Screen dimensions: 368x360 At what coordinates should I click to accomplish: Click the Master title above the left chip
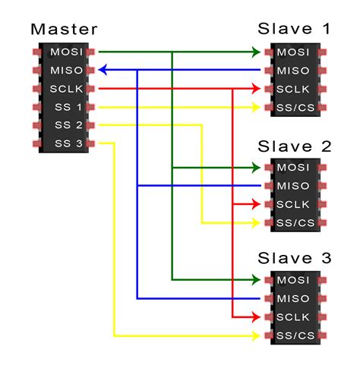click(x=64, y=30)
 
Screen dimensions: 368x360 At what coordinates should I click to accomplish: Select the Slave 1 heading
click(x=295, y=30)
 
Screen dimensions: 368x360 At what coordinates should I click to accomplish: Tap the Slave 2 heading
click(x=295, y=145)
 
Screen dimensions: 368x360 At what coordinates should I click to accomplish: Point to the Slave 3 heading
click(x=295, y=258)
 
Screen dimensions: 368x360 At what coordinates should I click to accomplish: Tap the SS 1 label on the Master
click(x=67, y=107)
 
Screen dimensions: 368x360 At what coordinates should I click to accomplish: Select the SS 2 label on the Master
click(x=67, y=125)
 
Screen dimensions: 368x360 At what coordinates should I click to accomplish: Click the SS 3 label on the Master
click(x=67, y=143)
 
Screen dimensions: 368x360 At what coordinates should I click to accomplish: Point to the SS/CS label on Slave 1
click(x=293, y=107)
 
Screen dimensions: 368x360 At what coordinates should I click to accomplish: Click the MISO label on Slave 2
click(x=293, y=186)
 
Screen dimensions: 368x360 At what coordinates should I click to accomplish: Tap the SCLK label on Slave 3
click(x=293, y=317)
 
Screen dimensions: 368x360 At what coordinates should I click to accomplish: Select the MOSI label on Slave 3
click(x=293, y=281)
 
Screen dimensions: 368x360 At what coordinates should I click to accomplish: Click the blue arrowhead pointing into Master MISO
click(x=103, y=71)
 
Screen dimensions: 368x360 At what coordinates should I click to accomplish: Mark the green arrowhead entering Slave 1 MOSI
click(x=256, y=52)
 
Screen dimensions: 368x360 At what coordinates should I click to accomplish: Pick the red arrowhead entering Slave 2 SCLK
click(x=256, y=204)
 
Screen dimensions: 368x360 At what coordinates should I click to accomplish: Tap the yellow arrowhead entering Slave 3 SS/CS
click(x=256, y=335)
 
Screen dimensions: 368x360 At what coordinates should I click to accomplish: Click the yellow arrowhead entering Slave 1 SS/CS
click(x=256, y=107)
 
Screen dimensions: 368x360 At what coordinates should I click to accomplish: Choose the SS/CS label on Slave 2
click(x=293, y=222)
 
